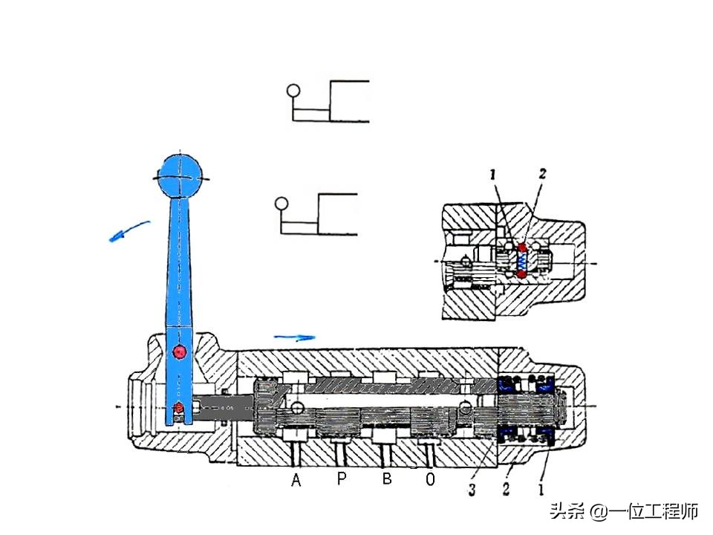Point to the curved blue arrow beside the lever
[128, 231]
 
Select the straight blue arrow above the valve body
[294, 337]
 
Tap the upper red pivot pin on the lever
[178, 351]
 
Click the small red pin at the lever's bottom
[178, 407]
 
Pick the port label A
[296, 481]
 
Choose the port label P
[342, 479]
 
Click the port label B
[387, 479]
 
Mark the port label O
[431, 481]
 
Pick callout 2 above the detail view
[542, 175]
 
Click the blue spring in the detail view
[522, 261]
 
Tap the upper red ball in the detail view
[522, 247]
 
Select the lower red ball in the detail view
[522, 274]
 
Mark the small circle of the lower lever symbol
[281, 204]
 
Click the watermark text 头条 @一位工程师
[623, 511]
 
